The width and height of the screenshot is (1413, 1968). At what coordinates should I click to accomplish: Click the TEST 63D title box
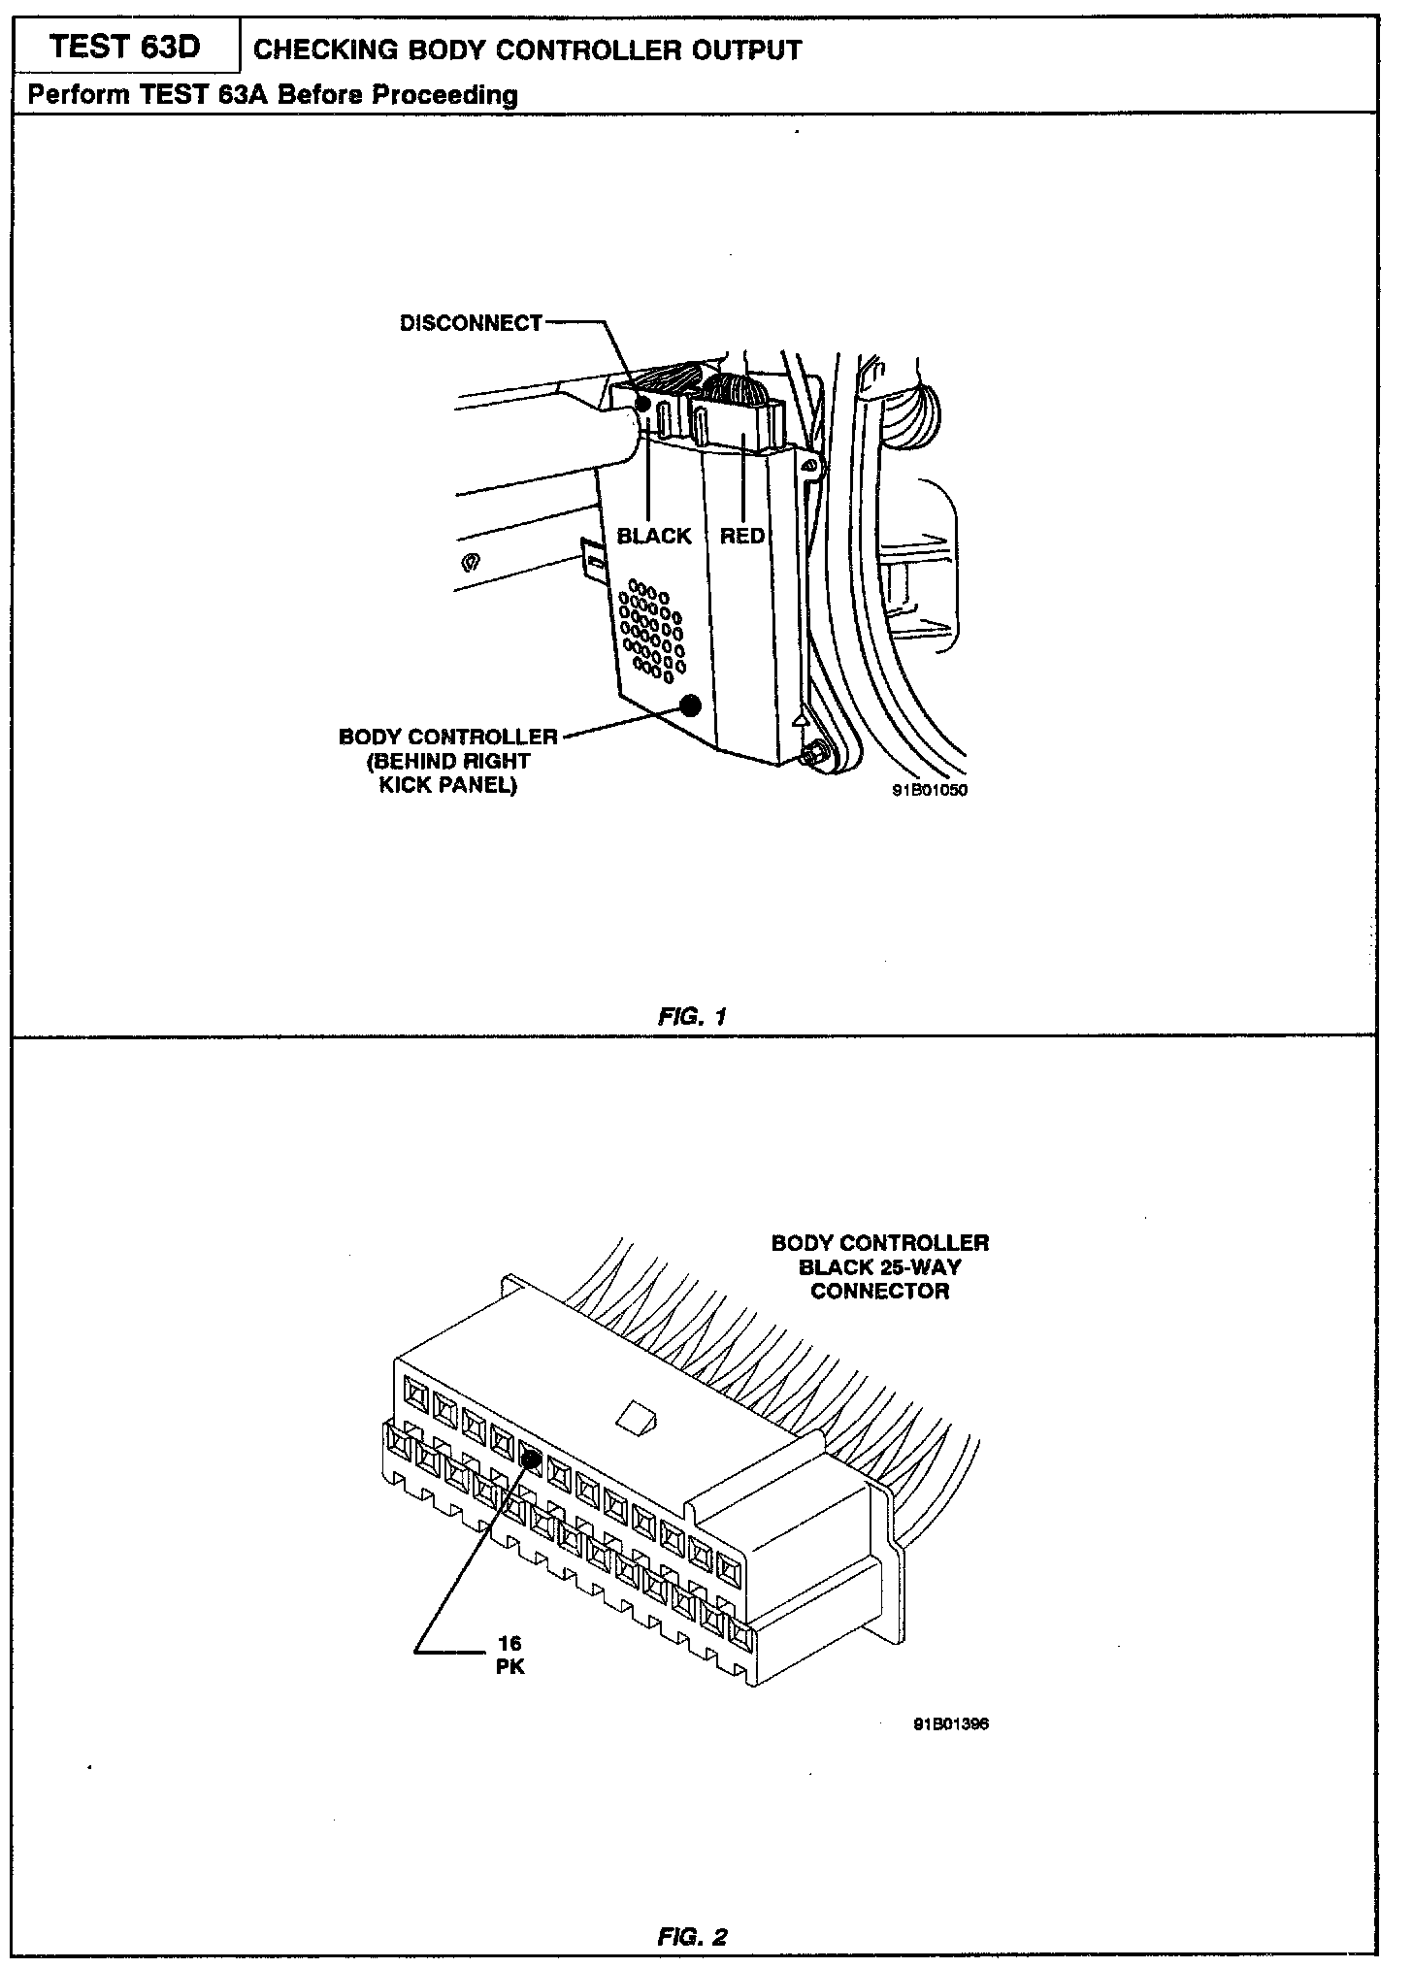coord(125,47)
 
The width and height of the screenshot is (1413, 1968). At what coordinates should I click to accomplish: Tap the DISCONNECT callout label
coord(471,323)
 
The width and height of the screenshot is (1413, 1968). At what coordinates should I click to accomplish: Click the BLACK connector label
coord(654,536)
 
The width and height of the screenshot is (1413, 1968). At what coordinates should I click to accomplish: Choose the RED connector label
coord(742,536)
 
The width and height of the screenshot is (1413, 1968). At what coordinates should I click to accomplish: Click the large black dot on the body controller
coord(691,705)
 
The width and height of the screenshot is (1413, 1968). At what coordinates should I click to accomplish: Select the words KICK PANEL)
coord(447,785)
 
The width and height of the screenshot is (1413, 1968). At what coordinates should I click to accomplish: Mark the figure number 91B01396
coord(950,1724)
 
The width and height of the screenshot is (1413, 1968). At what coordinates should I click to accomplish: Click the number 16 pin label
coord(509,1643)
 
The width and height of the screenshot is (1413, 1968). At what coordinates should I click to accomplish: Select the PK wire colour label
coord(509,1668)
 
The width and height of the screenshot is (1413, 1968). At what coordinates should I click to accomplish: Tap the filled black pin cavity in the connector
coord(531,1457)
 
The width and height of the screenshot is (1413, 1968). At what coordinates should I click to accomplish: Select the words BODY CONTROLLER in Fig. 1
coord(448,737)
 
